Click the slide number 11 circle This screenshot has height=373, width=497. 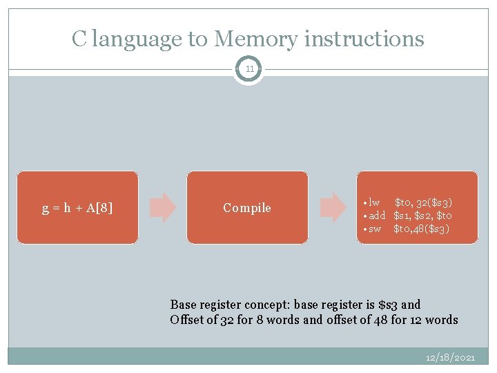point(248,69)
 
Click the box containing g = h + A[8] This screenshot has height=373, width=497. point(77,207)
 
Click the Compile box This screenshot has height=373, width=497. point(247,207)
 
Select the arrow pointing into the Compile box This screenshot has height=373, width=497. point(163,207)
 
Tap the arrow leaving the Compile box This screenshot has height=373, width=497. point(333,207)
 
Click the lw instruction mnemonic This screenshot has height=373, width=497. point(374,202)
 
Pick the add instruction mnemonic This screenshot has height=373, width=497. point(376,216)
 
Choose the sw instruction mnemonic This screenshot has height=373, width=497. point(374,229)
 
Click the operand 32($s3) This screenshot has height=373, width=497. point(434,202)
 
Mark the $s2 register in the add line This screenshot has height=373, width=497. point(422,216)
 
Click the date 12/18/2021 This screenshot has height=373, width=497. point(451,358)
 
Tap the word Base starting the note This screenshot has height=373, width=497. point(184,305)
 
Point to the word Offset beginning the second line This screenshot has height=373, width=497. point(187,319)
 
